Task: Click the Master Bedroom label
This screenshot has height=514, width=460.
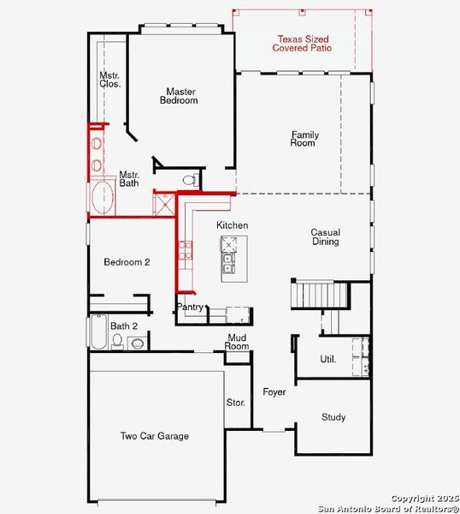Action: [181, 96]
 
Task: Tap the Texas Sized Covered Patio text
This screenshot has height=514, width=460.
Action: [302, 44]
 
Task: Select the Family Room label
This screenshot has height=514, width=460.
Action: [303, 139]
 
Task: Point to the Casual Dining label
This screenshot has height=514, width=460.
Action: [325, 236]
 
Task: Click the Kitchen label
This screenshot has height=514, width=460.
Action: [232, 225]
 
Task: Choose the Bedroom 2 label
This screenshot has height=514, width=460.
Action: [127, 262]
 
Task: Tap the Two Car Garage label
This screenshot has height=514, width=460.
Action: [154, 436]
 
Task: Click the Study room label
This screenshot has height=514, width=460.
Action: [333, 417]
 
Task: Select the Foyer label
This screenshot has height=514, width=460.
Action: [274, 392]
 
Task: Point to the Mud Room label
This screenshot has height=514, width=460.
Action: [237, 342]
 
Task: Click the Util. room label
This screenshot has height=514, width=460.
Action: [327, 359]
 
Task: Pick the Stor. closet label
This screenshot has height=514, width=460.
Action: [236, 402]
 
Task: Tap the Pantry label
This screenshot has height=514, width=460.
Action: [190, 307]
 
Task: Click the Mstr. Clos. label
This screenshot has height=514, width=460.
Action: [109, 80]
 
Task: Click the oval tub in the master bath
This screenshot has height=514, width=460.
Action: [102, 196]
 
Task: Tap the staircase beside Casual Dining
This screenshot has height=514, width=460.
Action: [321, 296]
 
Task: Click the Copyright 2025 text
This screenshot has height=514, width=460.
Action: [424, 498]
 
